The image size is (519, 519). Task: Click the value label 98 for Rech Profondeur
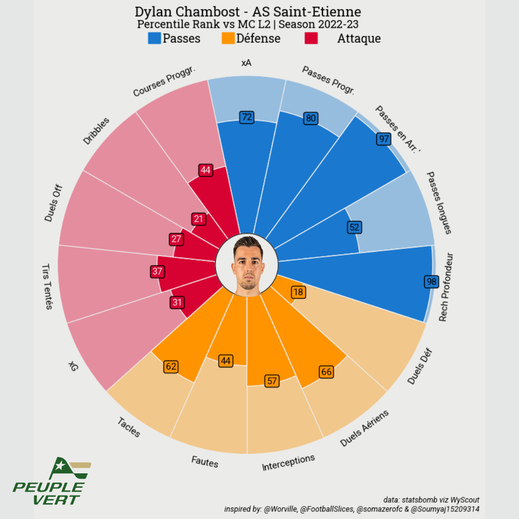[432, 282]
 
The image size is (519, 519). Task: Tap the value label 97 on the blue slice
[383, 139]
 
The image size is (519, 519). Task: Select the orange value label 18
[298, 292]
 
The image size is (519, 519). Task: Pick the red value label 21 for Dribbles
[198, 219]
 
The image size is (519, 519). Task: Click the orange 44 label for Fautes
[226, 361]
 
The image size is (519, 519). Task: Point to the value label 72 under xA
[247, 117]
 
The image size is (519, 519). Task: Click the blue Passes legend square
[154, 38]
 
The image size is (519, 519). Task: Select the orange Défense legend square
[228, 38]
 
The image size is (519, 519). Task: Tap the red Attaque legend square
[311, 38]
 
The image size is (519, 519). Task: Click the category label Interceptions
[288, 462]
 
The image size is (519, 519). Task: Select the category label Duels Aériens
[364, 428]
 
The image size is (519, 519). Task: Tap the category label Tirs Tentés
[47, 286]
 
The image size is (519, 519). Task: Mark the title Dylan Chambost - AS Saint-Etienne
[247, 12]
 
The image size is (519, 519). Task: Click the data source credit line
[432, 500]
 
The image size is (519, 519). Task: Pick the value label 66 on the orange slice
[326, 371]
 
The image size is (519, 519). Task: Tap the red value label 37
[157, 271]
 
